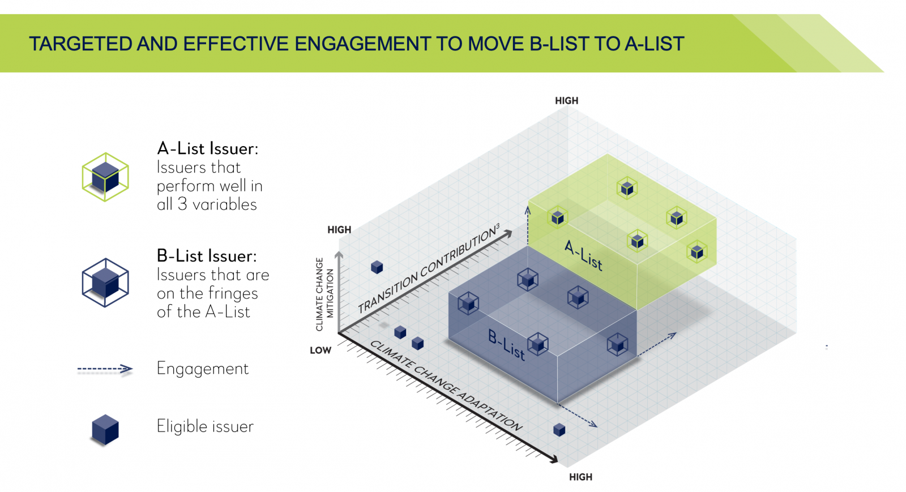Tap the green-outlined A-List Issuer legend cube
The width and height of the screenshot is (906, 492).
point(105,177)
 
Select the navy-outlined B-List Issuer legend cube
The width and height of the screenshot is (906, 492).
point(105,283)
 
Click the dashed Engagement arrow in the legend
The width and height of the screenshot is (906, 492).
point(105,369)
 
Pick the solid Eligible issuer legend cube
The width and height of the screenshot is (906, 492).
point(105,429)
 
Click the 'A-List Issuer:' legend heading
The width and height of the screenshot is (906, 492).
point(207,149)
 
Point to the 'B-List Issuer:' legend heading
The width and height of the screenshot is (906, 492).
point(207,256)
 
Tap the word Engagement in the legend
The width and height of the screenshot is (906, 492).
point(203,369)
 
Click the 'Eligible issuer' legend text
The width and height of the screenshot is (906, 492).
point(205,426)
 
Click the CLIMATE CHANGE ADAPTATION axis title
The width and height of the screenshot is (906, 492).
point(446,385)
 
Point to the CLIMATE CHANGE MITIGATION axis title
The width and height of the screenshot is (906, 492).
point(324,294)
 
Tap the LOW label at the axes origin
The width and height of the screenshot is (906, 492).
point(320,350)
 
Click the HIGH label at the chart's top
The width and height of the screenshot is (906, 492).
point(566,101)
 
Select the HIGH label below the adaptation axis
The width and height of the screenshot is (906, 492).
point(580,477)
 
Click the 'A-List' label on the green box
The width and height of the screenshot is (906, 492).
point(583,255)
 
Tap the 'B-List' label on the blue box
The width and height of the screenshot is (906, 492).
point(506,345)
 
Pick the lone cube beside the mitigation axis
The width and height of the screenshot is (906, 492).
point(377,267)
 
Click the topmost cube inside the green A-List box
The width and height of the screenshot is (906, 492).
point(627,188)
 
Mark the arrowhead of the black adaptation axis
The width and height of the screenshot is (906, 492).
point(554,459)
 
